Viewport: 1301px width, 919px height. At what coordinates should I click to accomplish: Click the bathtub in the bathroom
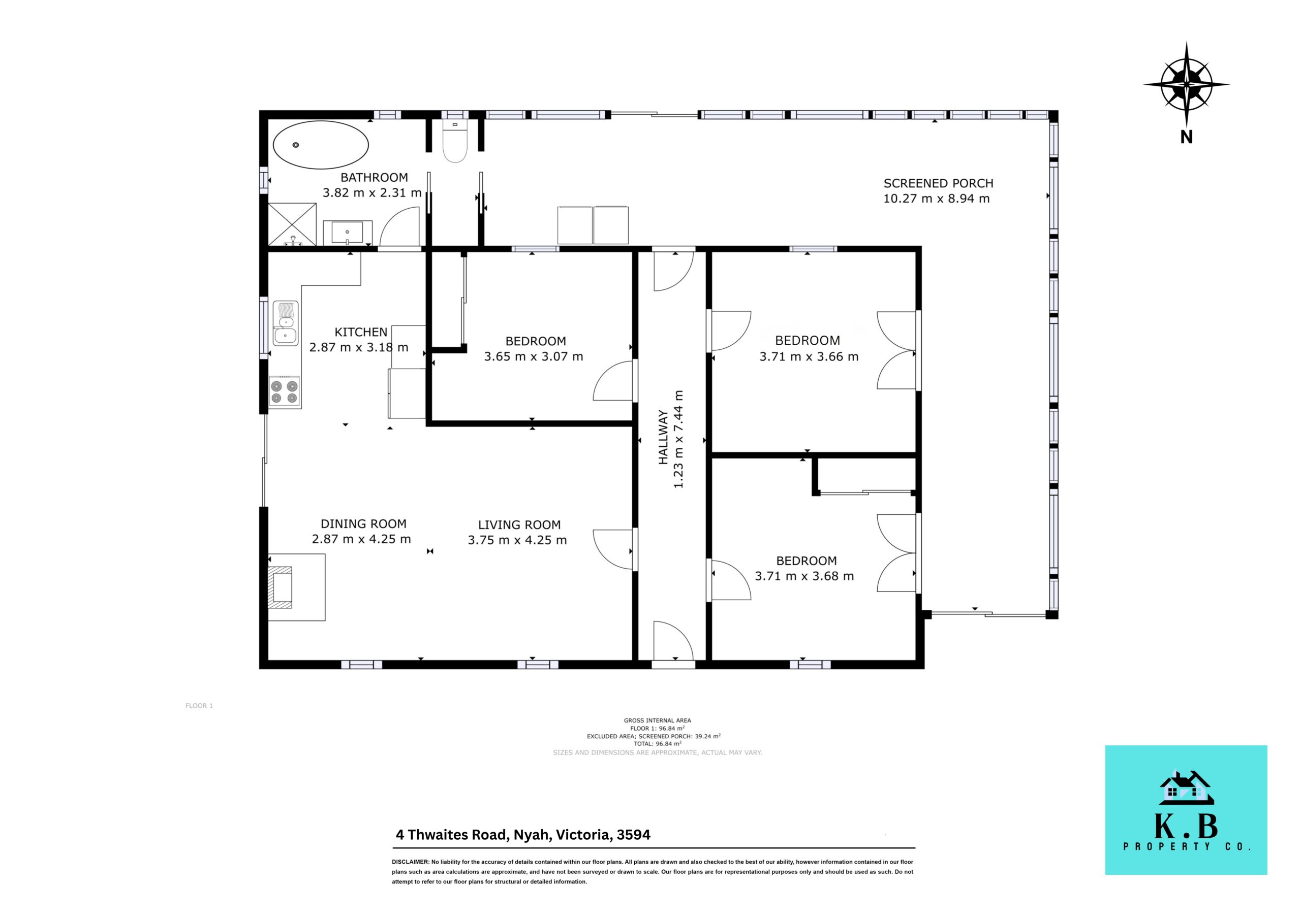point(321,144)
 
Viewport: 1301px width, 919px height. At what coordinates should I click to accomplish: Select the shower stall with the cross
point(292,224)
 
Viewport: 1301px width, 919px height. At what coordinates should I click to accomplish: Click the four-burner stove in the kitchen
point(285,392)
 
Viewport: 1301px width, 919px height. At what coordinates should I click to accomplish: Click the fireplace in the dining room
point(296,586)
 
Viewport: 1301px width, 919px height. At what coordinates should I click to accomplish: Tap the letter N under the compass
point(1186,137)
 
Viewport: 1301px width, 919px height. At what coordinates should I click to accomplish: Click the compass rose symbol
point(1186,85)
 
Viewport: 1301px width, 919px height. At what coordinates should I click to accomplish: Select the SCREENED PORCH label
point(938,183)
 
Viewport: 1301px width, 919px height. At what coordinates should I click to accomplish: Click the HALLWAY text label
point(663,438)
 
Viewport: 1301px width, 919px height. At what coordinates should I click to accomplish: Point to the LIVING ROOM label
point(519,525)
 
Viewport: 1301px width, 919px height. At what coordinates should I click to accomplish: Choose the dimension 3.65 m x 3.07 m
point(533,356)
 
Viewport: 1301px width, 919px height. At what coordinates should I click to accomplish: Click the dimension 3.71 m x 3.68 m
point(804,576)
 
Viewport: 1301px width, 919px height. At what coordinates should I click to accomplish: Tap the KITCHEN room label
point(361,333)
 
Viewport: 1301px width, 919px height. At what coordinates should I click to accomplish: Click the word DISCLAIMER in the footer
point(410,862)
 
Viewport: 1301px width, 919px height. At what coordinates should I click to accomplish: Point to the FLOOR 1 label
point(199,706)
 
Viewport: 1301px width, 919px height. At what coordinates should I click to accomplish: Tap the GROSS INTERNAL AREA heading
point(657,721)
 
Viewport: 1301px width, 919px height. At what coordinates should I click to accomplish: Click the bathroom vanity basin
point(347,232)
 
